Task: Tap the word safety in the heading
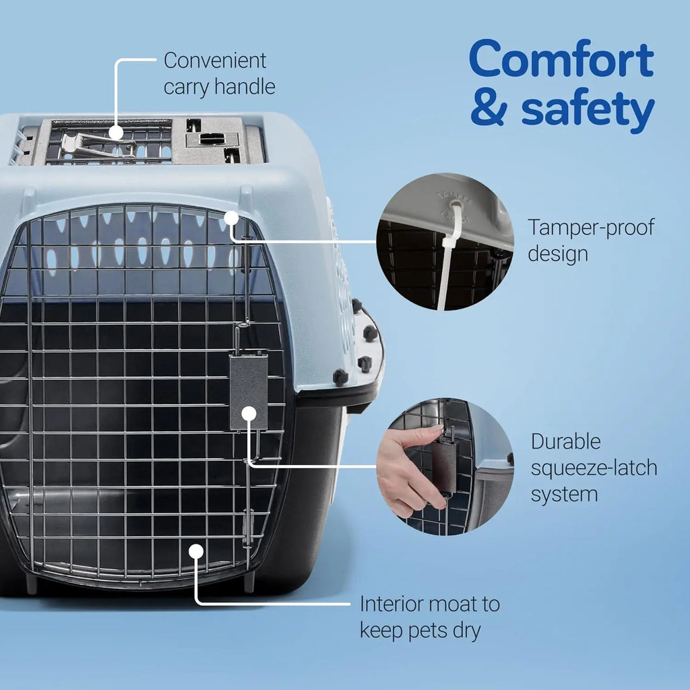pyautogui.click(x=588, y=109)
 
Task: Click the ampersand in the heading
pyautogui.click(x=489, y=109)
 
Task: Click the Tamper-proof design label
pyautogui.click(x=590, y=240)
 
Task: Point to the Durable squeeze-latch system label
pyautogui.click(x=593, y=468)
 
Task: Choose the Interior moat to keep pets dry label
pyautogui.click(x=429, y=617)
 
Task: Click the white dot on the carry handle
pyautogui.click(x=116, y=132)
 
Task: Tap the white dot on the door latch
pyautogui.click(x=249, y=413)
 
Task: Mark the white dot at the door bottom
pyautogui.click(x=195, y=551)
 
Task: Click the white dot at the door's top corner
pyautogui.click(x=231, y=218)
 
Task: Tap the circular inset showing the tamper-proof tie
pyautogui.click(x=445, y=242)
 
